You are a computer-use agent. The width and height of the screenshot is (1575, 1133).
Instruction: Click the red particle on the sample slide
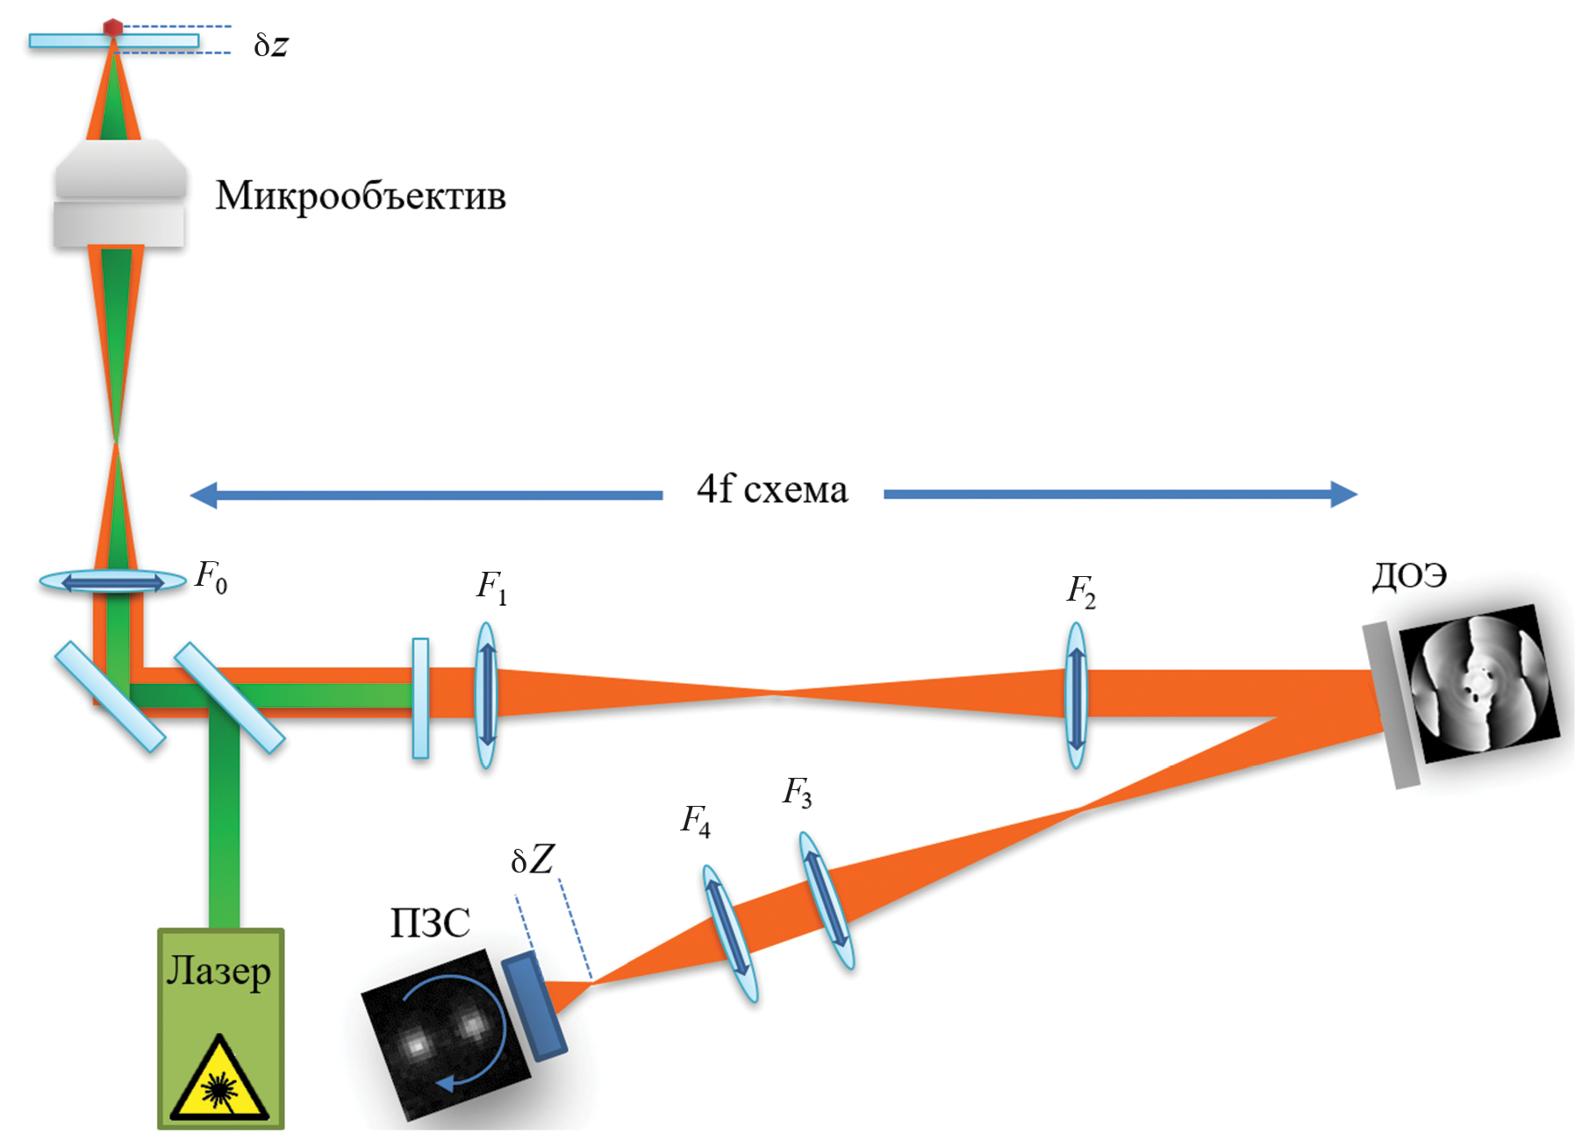[113, 27]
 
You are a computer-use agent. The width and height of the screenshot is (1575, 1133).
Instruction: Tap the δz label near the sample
[271, 45]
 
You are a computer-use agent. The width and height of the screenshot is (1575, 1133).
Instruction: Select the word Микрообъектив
[361, 196]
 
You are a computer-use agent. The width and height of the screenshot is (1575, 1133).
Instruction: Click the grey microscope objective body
[120, 194]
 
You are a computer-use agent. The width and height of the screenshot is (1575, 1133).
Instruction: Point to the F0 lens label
[211, 577]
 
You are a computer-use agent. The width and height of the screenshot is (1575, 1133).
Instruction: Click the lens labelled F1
[486, 695]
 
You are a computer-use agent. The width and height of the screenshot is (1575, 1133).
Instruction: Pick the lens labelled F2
[1077, 695]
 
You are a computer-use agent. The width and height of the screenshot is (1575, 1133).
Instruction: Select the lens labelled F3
[827, 901]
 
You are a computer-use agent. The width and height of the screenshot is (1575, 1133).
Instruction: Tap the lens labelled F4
[730, 933]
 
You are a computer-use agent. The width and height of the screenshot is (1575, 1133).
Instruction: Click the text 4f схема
[772, 489]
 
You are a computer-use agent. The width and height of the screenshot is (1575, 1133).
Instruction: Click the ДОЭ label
[1409, 575]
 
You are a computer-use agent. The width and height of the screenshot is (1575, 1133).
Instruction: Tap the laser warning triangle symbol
[218, 1080]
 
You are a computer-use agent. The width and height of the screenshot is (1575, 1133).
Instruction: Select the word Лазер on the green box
[218, 972]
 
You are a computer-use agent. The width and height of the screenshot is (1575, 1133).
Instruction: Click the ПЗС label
[430, 923]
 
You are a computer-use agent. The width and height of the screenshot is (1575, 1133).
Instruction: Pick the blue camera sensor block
[534, 1005]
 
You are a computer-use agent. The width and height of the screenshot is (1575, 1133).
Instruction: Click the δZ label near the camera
[533, 860]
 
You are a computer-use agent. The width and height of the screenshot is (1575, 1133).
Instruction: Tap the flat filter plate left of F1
[421, 698]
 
